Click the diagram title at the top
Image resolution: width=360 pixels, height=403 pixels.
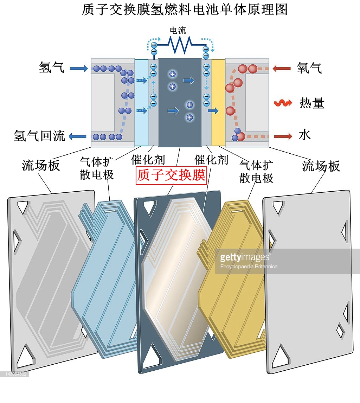(185, 9)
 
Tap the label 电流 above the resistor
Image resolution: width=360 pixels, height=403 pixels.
(178, 31)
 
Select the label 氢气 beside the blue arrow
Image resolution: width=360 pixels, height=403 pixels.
(52, 68)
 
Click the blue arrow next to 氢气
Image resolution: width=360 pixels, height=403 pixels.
(79, 69)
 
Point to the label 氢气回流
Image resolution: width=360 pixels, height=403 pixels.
(39, 136)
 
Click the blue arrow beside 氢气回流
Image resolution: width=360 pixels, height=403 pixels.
(78, 136)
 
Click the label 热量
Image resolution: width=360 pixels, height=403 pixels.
(312, 103)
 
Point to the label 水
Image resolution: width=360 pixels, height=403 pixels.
(304, 135)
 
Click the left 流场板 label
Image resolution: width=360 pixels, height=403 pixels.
(41, 165)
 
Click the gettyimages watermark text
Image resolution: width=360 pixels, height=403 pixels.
(244, 257)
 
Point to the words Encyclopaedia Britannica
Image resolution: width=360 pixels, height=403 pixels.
(249, 267)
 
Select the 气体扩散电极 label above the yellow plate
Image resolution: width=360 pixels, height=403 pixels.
(256, 171)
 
